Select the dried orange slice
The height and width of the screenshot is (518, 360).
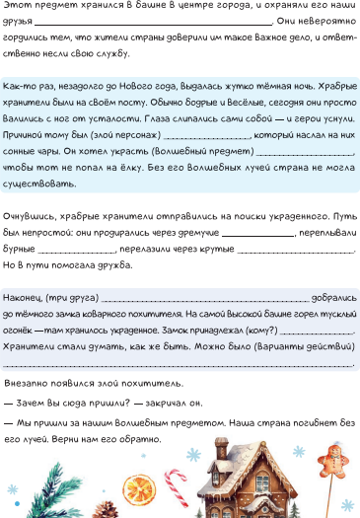[136, 489]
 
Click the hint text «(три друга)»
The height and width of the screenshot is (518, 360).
[72, 296]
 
